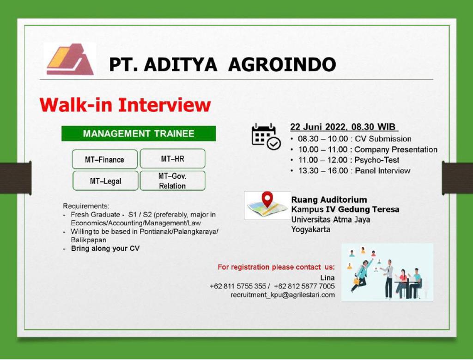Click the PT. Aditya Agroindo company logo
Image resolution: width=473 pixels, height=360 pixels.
70,59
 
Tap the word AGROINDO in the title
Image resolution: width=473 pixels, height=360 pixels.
282,65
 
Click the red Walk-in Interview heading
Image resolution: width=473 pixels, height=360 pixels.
125,105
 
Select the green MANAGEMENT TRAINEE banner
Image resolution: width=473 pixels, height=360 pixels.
139,133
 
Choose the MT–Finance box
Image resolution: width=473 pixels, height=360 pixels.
105,159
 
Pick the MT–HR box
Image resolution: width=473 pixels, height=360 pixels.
173,159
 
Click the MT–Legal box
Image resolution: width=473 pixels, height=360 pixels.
105,180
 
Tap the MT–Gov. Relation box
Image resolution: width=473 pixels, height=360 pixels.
173,180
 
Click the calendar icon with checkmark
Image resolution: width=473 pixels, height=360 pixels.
266,137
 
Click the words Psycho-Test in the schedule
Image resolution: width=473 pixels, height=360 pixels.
377,160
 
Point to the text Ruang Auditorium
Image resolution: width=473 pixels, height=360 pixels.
329,199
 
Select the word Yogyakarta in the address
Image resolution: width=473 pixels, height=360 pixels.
311,229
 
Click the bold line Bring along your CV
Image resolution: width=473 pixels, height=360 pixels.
105,248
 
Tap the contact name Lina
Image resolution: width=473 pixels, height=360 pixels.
327,277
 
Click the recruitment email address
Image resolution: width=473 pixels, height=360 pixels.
283,294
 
